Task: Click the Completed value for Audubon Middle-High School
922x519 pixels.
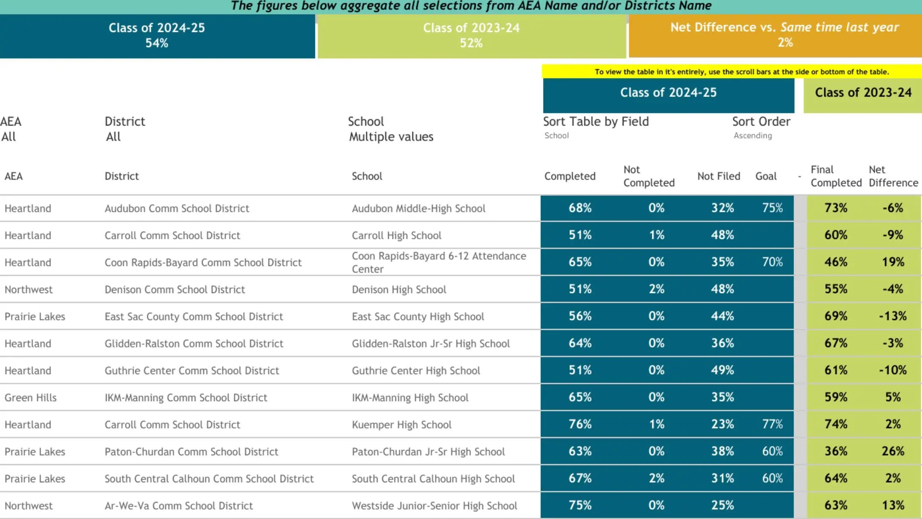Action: (580, 208)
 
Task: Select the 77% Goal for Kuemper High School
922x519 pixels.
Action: (772, 424)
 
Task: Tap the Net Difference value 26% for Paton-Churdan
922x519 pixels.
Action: (893, 451)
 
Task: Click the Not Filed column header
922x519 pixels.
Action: (718, 176)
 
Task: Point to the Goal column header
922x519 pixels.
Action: (766, 176)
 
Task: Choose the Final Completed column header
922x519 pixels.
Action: (836, 176)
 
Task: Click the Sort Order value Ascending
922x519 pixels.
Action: (753, 136)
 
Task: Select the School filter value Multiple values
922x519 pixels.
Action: (391, 137)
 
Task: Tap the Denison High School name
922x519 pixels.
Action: (399, 290)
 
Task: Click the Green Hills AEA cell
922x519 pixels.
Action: (30, 398)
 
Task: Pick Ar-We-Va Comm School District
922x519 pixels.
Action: (178, 506)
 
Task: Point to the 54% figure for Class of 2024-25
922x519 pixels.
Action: (157, 43)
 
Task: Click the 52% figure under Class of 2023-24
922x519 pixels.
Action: (471, 43)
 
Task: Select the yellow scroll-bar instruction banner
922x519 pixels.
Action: (741, 72)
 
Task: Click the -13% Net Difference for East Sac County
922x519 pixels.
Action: (893, 316)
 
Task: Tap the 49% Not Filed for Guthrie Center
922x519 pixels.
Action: (722, 370)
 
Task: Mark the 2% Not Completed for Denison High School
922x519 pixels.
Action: (656, 289)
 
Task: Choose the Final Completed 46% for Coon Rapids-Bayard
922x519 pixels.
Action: (835, 262)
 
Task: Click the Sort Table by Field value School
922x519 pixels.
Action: (556, 136)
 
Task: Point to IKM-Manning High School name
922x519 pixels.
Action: (410, 398)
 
